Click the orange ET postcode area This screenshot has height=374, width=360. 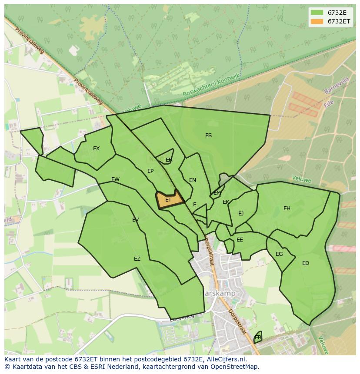(x=169, y=199)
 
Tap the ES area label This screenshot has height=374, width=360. (x=208, y=136)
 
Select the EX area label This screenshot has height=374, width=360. (x=96, y=149)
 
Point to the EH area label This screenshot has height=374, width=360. (x=287, y=209)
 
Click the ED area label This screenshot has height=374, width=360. (x=306, y=263)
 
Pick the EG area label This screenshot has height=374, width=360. (x=279, y=254)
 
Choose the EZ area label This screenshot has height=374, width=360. (x=137, y=259)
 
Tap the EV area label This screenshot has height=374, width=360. (x=135, y=220)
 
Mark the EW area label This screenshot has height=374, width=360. (x=115, y=179)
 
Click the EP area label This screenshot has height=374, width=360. (x=150, y=171)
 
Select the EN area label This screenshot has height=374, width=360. (x=193, y=180)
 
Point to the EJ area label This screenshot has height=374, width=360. (x=241, y=213)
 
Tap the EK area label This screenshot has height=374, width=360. (x=226, y=202)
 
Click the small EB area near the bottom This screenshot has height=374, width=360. (x=258, y=338)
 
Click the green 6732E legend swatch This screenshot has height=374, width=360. (x=317, y=13)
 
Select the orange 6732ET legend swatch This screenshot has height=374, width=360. (x=317, y=21)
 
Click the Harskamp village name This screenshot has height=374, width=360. (x=217, y=293)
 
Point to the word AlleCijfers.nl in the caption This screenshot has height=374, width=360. (x=226, y=359)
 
